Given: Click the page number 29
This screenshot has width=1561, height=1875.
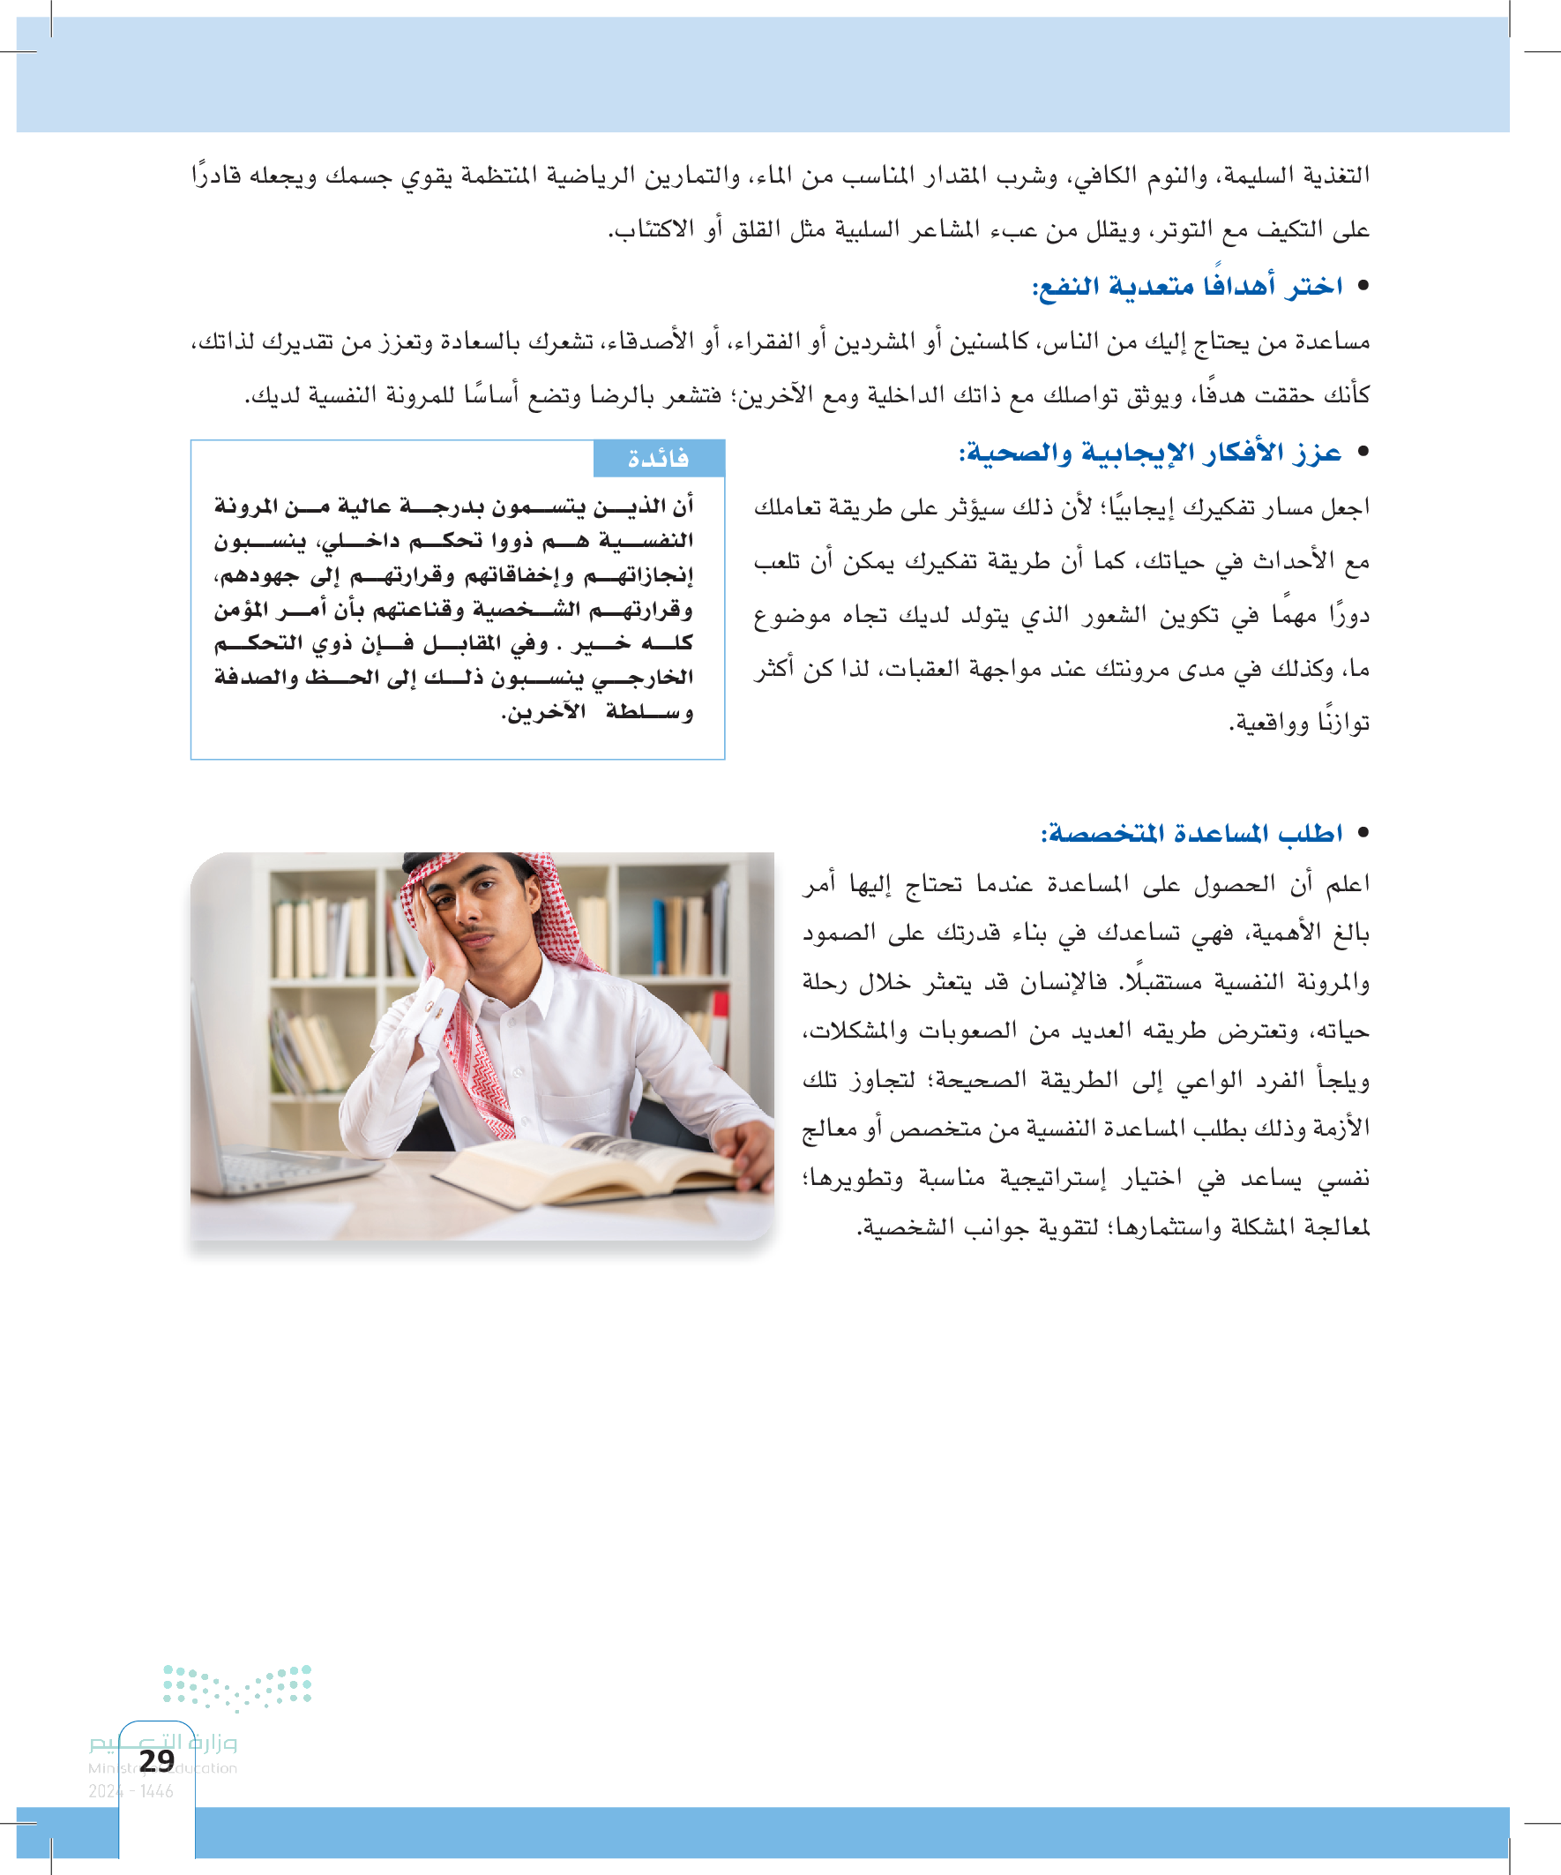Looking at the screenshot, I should click(157, 1760).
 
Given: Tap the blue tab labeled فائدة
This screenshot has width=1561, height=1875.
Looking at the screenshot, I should click(659, 458).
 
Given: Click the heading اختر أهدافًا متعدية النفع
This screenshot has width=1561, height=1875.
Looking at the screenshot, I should click(1187, 287).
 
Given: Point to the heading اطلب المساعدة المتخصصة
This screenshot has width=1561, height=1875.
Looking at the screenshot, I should click(1191, 833).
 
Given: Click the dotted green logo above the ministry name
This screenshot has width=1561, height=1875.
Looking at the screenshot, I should click(237, 1686).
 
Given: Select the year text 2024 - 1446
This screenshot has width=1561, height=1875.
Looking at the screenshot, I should click(131, 1791).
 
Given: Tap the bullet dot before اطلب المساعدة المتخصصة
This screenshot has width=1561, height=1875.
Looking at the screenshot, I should click(1362, 832).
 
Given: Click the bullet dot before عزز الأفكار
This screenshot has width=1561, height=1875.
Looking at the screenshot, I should click(1362, 452).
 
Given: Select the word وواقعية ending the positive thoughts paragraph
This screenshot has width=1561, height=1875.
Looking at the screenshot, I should click(1267, 723).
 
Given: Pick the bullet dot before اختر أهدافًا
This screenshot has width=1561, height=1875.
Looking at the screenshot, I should click(1362, 286).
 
